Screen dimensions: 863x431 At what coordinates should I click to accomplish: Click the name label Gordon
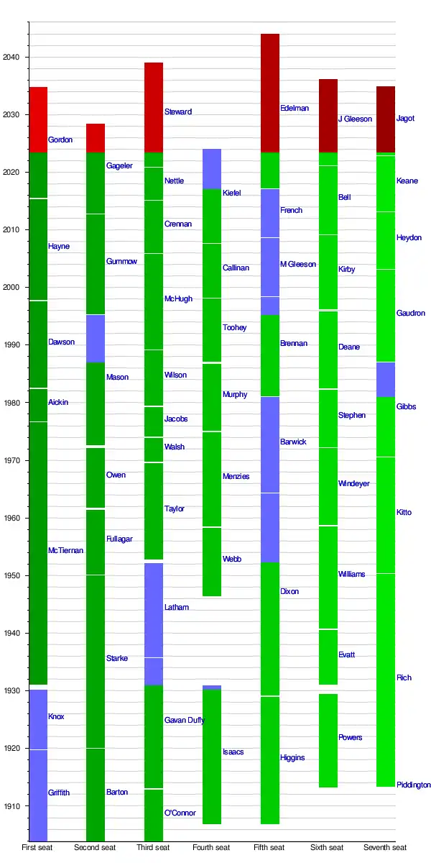click(60, 140)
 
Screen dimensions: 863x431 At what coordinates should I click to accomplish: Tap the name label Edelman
click(295, 108)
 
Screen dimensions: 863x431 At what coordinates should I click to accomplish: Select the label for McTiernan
click(65, 550)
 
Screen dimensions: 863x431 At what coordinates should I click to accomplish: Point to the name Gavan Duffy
click(184, 720)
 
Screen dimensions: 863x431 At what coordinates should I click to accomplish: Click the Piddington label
click(414, 785)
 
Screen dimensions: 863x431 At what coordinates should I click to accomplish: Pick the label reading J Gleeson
click(355, 119)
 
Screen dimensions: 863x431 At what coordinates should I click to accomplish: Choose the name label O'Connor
click(180, 813)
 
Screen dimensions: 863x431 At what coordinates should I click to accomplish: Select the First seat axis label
click(37, 848)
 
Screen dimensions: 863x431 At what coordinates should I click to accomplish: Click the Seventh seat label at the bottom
click(385, 848)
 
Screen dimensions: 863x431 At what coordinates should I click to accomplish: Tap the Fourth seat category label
click(211, 848)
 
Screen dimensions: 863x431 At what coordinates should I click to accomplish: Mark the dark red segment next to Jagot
click(386, 119)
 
